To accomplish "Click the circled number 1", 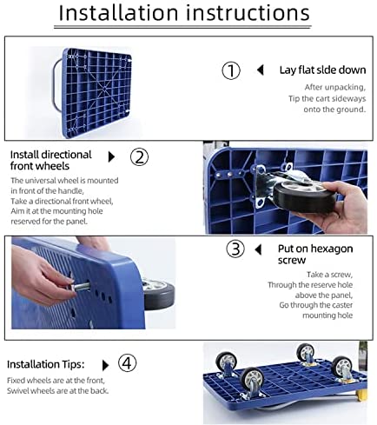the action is [231, 70].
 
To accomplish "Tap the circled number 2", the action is [139, 157].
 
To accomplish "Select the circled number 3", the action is [235, 249].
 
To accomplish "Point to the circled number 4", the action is [127, 364].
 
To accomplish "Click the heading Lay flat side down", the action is [322, 70].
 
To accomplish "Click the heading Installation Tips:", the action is [46, 364].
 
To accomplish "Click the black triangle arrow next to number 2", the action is [111, 157].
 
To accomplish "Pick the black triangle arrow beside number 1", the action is [261, 70].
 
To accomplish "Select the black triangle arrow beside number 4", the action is [106, 365].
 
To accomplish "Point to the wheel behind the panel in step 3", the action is [159, 295].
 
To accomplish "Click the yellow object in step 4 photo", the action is [362, 395].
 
